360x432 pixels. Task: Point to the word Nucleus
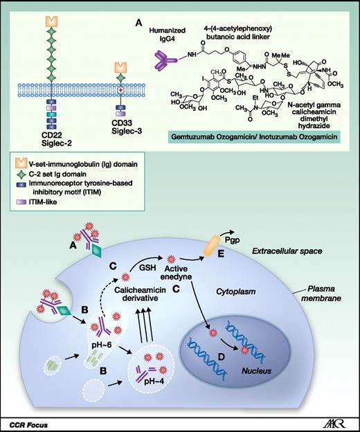click(x=242, y=352)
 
